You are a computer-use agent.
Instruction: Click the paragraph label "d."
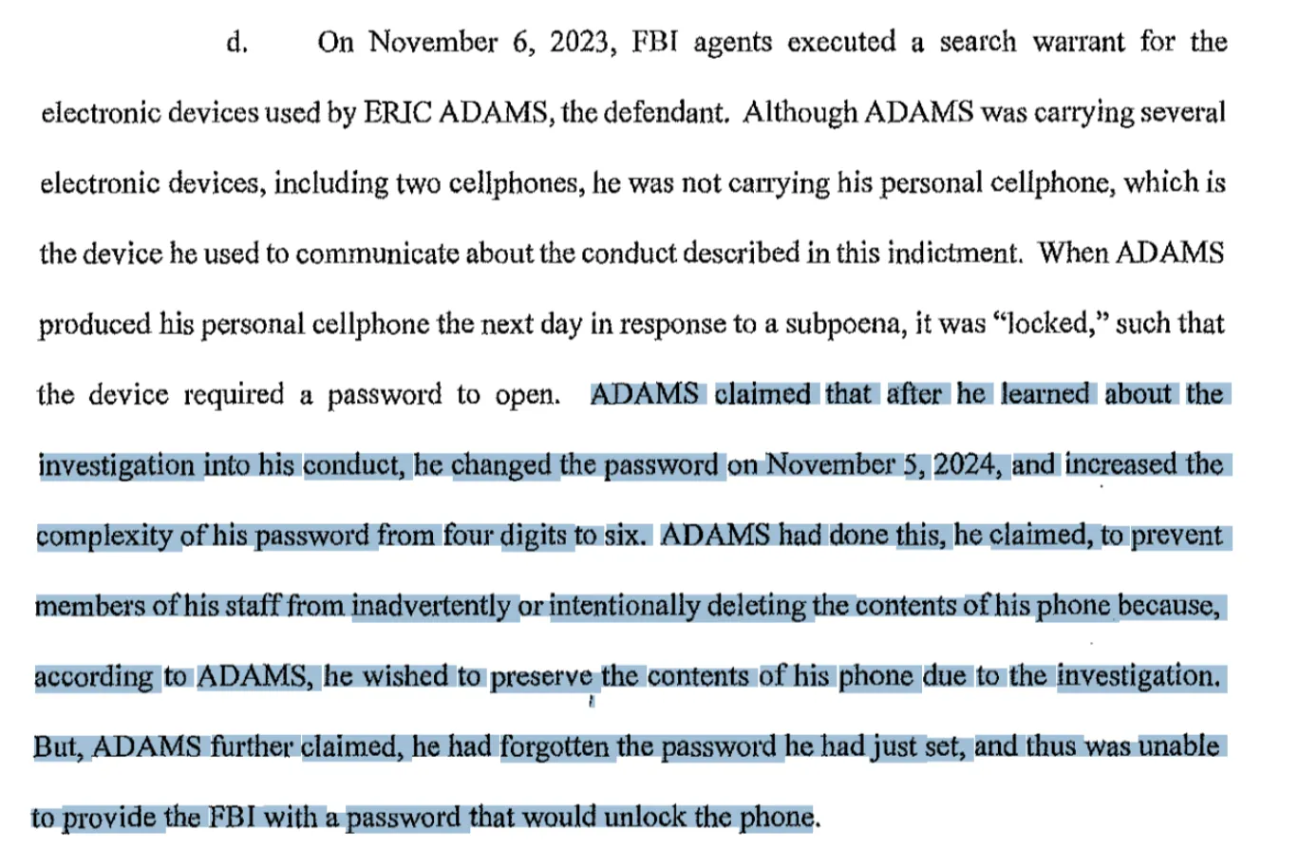click(236, 43)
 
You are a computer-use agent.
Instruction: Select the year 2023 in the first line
click(578, 42)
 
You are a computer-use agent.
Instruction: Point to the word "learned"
click(1045, 394)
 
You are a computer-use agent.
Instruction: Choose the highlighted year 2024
click(966, 464)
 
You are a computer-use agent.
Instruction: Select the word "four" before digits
click(468, 536)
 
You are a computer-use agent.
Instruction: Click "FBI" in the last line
click(232, 817)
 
